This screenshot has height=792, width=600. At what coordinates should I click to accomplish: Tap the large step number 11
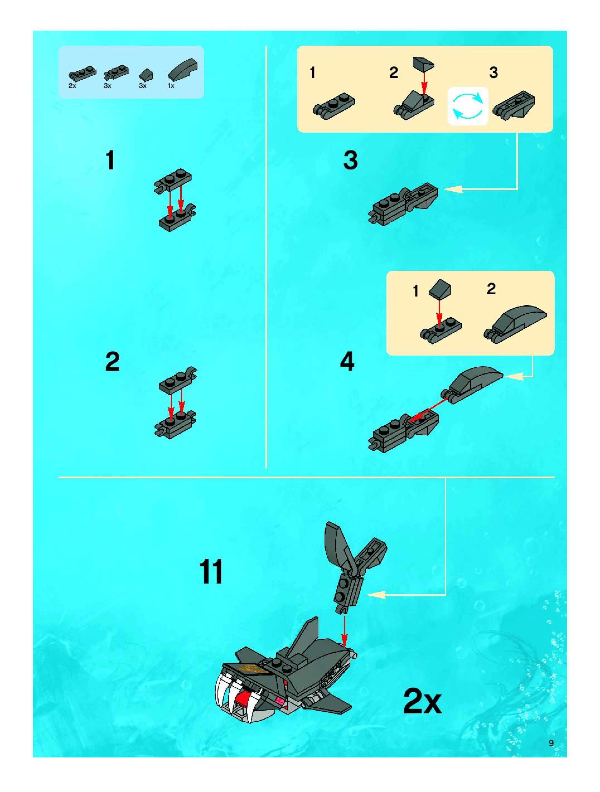tap(211, 572)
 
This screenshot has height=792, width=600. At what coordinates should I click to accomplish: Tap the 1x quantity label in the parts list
tap(171, 86)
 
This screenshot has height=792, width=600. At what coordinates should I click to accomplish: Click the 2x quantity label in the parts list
tap(72, 86)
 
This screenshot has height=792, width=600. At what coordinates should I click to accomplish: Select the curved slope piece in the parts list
tap(183, 69)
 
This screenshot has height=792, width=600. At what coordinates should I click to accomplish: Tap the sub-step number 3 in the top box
tap(493, 73)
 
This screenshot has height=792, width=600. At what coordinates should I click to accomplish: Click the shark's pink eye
tap(278, 700)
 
